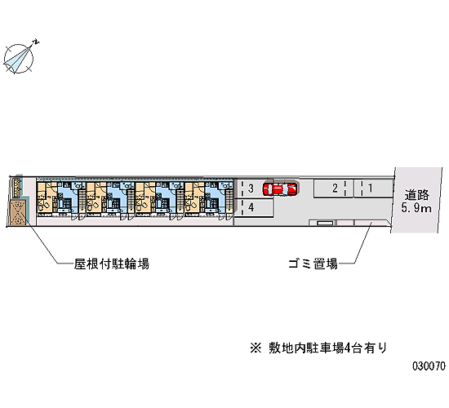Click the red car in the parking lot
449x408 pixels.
click(280, 188)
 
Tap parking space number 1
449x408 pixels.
click(373, 188)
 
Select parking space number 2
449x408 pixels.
click(334, 188)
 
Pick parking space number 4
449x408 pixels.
click(253, 207)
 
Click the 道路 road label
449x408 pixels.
click(416, 195)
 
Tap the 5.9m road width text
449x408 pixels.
click(416, 207)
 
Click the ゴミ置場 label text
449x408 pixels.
click(313, 264)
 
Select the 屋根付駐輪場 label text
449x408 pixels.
click(112, 264)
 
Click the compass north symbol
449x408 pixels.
click(18, 59)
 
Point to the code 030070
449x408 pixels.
click(429, 366)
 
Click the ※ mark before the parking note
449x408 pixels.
click(256, 348)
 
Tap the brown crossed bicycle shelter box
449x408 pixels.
click(18, 212)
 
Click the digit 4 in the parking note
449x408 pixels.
click(347, 348)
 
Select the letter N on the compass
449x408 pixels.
click(36, 42)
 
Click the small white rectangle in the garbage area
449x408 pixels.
click(325, 223)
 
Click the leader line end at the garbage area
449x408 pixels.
click(371, 222)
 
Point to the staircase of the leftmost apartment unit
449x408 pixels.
click(82, 201)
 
